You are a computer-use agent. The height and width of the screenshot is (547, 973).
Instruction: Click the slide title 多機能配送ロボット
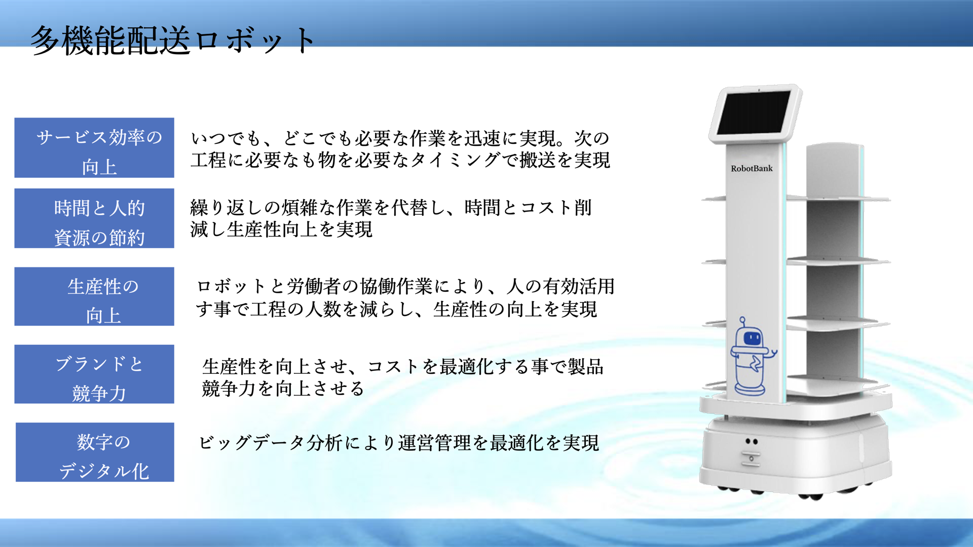pyautogui.click(x=172, y=41)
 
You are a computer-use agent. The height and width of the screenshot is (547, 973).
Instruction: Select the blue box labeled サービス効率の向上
pyautogui.click(x=94, y=148)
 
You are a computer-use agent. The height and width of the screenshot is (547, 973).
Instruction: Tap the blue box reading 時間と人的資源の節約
pyautogui.click(x=94, y=218)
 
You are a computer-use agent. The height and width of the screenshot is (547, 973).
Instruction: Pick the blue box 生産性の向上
pyautogui.click(x=94, y=296)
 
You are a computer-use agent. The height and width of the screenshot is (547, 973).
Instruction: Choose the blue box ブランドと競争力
pyautogui.click(x=94, y=374)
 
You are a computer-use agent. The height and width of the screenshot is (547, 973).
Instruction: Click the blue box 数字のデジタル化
pyautogui.click(x=95, y=452)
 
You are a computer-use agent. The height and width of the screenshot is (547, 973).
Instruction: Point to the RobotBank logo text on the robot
pyautogui.click(x=752, y=169)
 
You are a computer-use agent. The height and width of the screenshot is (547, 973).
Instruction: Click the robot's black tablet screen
pyautogui.click(x=754, y=112)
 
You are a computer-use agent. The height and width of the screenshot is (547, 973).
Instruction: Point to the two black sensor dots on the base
pyautogui.click(x=752, y=442)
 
